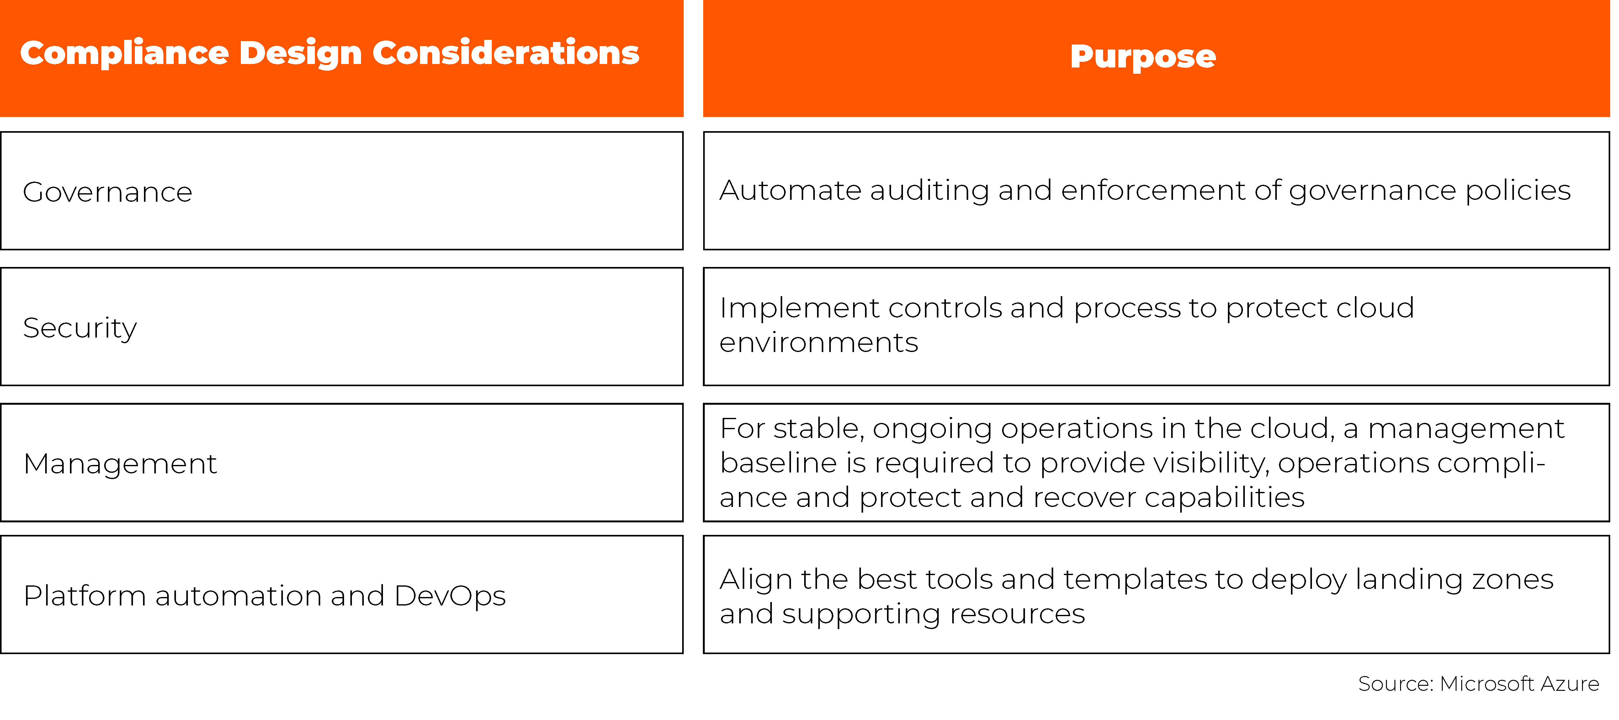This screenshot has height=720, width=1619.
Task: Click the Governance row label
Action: coord(108,192)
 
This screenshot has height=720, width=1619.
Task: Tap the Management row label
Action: coord(120,464)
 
